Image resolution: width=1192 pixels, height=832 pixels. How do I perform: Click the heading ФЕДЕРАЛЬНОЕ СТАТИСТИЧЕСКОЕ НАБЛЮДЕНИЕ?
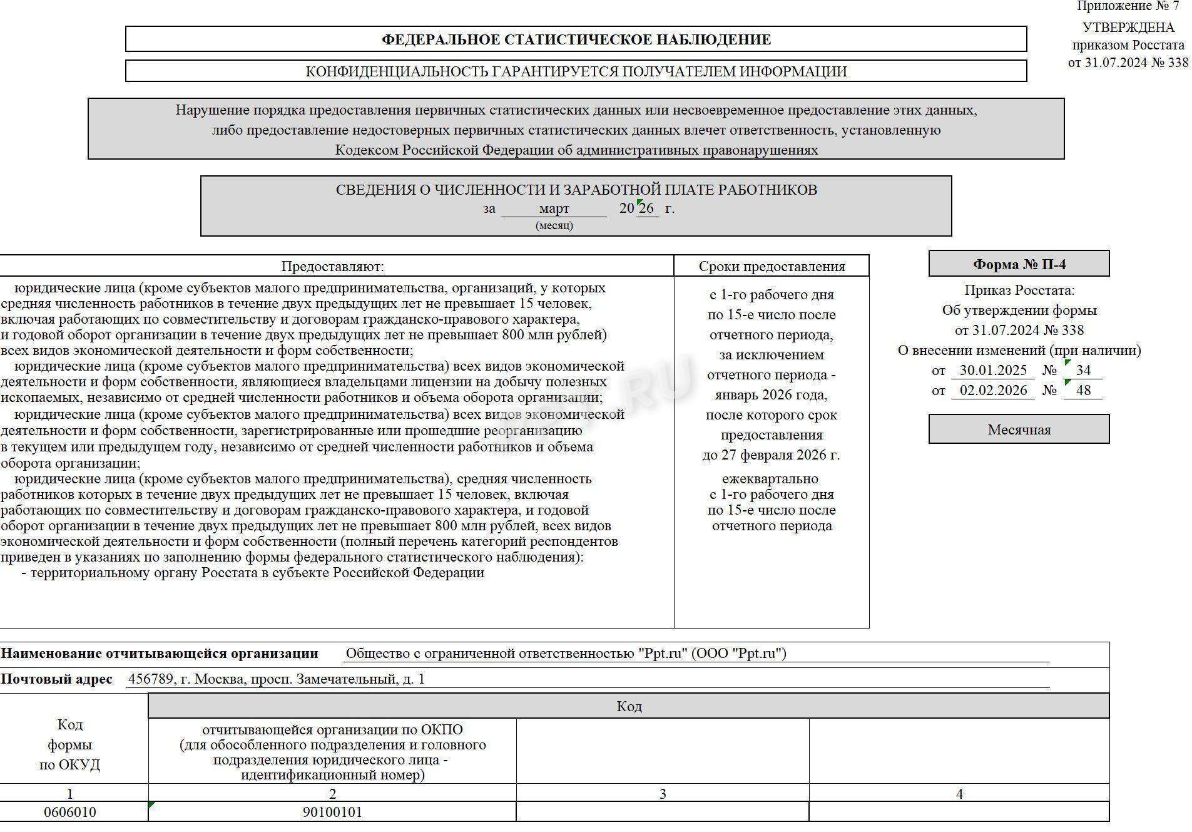(x=576, y=39)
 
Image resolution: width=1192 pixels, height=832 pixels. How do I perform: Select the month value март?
(x=554, y=208)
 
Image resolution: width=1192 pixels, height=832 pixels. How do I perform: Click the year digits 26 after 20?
(x=647, y=208)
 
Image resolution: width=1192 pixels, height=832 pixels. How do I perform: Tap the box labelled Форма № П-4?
(x=1019, y=264)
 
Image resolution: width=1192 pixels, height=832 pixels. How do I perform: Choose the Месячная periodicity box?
(x=1019, y=429)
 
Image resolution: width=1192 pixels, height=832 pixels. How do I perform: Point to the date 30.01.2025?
(x=993, y=370)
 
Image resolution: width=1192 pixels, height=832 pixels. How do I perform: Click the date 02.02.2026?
(x=993, y=390)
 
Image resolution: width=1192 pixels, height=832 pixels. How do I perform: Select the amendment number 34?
(x=1083, y=370)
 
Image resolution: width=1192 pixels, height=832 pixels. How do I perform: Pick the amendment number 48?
(x=1083, y=390)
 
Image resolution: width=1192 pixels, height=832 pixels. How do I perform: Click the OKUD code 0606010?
(x=70, y=812)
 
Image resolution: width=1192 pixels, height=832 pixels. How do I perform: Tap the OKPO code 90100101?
(x=332, y=812)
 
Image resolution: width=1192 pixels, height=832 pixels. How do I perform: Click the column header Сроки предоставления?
(x=772, y=266)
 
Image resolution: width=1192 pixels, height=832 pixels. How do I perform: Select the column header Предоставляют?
(x=332, y=266)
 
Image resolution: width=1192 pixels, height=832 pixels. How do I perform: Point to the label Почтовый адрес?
(x=57, y=679)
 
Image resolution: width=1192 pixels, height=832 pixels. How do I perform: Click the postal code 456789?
(x=150, y=679)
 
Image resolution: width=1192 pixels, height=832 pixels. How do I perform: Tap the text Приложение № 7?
(x=1128, y=6)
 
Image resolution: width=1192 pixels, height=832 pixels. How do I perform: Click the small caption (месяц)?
(x=554, y=225)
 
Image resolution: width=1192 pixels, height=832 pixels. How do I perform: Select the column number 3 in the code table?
(x=663, y=794)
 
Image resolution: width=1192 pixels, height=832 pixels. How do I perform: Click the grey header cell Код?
(x=629, y=706)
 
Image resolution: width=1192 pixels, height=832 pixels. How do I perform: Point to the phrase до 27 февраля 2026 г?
(x=771, y=455)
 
